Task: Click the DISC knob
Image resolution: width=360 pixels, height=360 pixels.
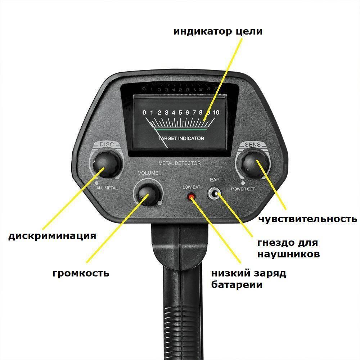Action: click(107, 165)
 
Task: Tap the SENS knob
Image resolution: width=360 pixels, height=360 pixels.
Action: click(253, 165)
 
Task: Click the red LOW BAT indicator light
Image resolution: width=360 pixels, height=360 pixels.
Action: click(191, 197)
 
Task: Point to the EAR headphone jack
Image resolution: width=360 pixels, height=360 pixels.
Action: click(215, 194)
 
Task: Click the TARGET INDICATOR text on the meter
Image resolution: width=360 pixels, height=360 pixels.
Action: click(181, 139)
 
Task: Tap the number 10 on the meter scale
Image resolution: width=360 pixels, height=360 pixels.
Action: click(216, 112)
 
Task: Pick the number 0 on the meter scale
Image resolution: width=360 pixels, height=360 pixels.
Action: click(144, 112)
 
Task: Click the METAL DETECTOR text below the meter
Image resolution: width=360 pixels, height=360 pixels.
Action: click(180, 163)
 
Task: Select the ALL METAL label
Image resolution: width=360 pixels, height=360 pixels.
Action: click(107, 188)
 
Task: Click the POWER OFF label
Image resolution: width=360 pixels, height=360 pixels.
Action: click(243, 189)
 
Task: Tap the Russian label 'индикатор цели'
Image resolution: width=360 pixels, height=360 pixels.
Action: click(218, 31)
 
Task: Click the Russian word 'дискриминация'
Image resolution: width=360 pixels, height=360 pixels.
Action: click(52, 236)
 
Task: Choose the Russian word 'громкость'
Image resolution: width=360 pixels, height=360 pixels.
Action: click(81, 274)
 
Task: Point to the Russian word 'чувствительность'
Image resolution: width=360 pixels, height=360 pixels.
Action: click(308, 219)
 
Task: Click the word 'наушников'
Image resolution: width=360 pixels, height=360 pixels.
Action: click(288, 255)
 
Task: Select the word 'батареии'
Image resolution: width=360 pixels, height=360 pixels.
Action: click(237, 285)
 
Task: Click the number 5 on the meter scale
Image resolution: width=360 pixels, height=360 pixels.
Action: click(180, 112)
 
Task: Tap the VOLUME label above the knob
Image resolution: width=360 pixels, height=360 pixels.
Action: click(148, 173)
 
